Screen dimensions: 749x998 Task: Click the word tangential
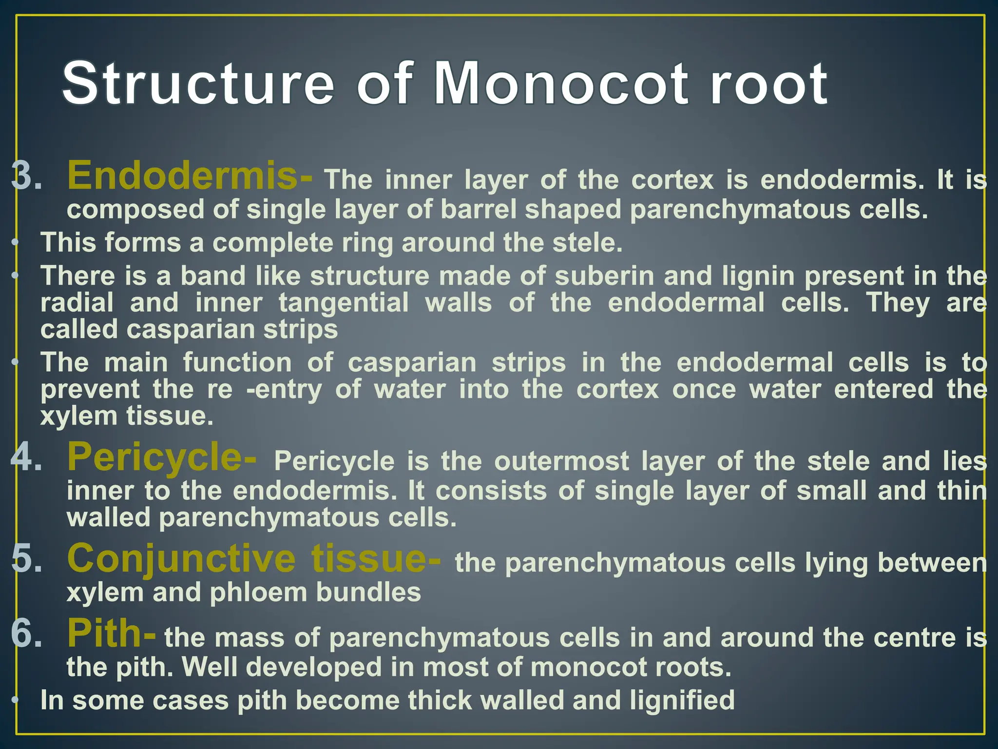(x=344, y=303)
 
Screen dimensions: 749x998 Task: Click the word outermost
(x=562, y=461)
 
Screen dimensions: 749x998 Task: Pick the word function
(x=237, y=363)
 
